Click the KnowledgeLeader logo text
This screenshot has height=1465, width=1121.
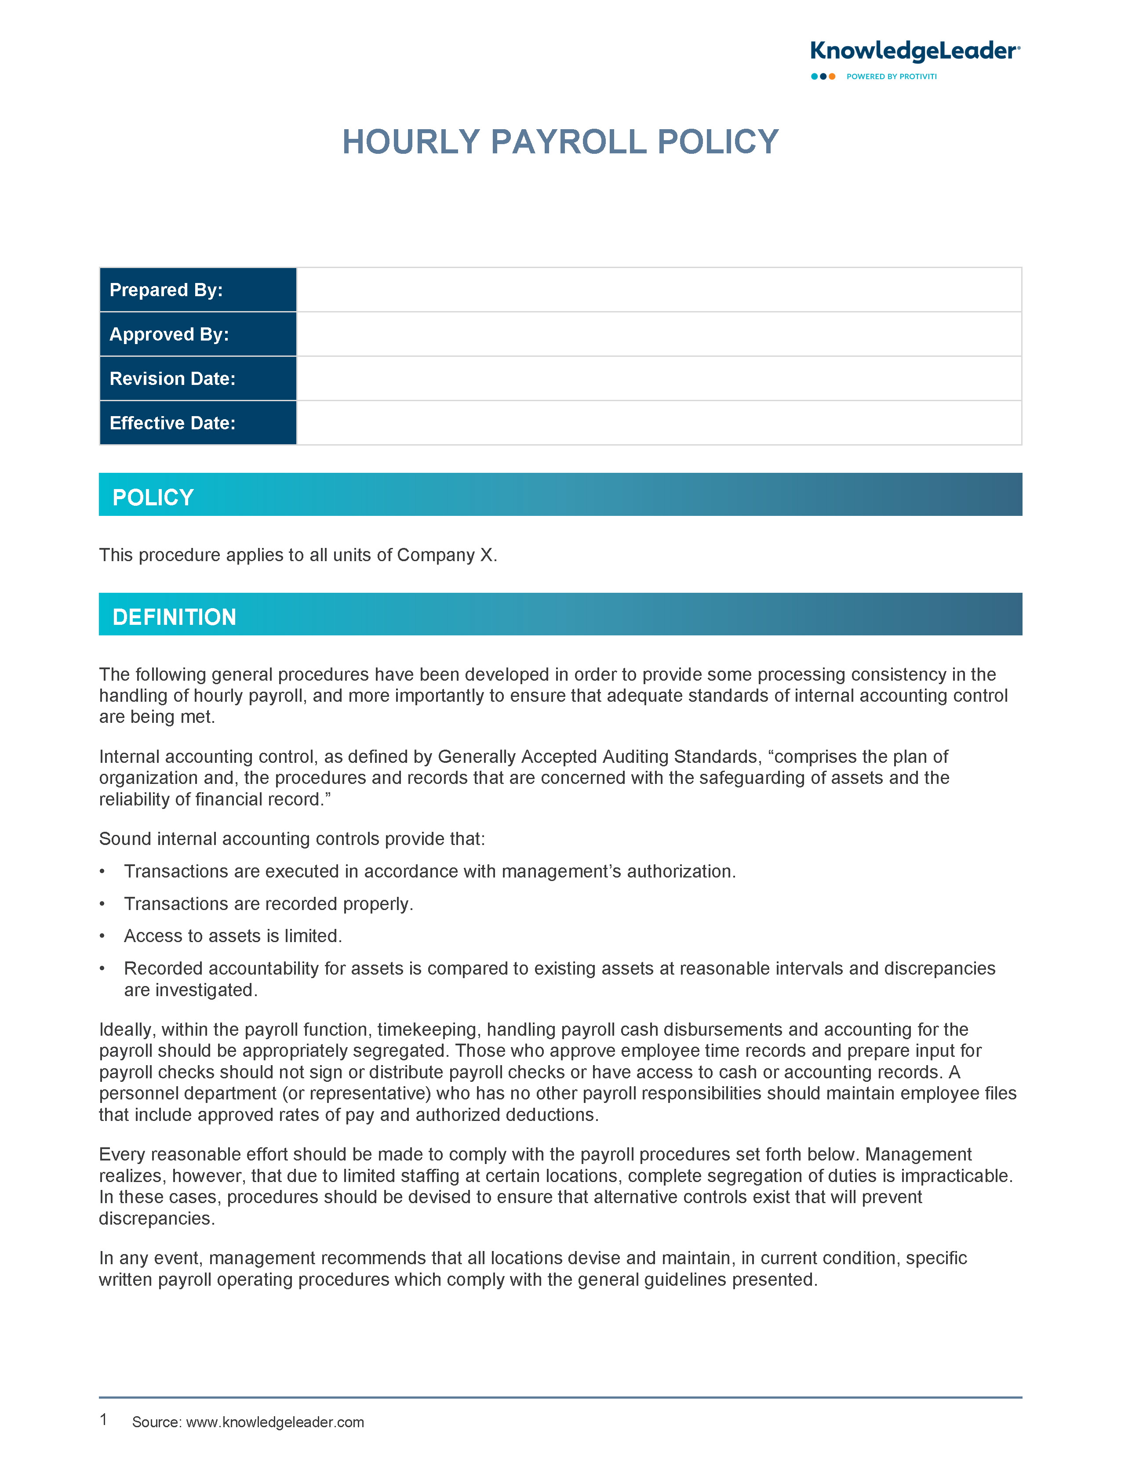pos(914,51)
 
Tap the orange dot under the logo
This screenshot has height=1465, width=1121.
pos(832,77)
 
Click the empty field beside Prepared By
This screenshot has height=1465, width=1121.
pos(658,290)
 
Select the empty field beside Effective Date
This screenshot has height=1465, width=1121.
pos(658,423)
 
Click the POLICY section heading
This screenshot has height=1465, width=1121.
pos(153,497)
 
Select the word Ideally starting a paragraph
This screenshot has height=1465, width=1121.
pos(127,1030)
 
